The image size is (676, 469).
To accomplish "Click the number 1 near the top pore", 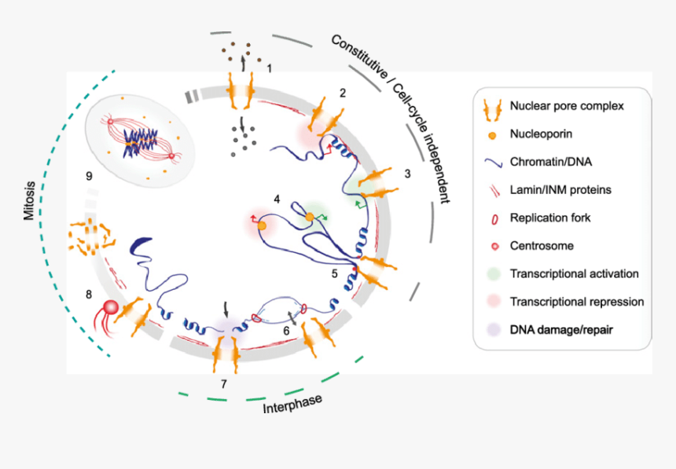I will pyautogui.click(x=270, y=69).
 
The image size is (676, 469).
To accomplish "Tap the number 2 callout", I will pyautogui.click(x=343, y=93).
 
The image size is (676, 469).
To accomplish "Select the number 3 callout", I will pyautogui.click(x=407, y=173).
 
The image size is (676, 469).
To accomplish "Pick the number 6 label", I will pyautogui.click(x=286, y=332).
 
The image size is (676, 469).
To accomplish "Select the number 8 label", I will pyautogui.click(x=88, y=295).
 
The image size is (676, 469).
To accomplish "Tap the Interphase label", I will pyautogui.click(x=292, y=401).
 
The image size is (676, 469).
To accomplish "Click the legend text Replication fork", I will pyautogui.click(x=550, y=218).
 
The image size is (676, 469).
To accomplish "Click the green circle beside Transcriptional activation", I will pyautogui.click(x=492, y=273).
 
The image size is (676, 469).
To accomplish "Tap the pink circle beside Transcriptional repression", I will pyautogui.click(x=492, y=302).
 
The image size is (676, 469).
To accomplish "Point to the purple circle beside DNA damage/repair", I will pyautogui.click(x=492, y=330).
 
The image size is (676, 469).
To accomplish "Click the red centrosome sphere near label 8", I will pyautogui.click(x=111, y=307).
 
